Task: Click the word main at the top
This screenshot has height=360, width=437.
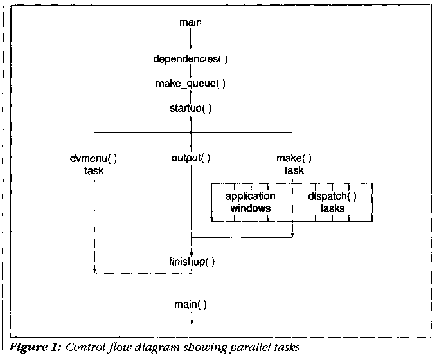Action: click(191, 24)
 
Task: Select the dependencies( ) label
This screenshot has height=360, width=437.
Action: click(190, 59)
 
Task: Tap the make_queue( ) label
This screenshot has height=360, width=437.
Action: click(190, 84)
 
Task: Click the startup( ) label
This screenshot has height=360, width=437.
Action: click(190, 108)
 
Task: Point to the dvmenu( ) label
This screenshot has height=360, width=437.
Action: click(94, 157)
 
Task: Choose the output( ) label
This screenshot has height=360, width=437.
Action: click(191, 157)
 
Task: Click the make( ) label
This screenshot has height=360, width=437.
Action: click(294, 157)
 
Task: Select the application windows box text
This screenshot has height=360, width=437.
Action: click(251, 202)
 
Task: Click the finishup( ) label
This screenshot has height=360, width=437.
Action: click(191, 262)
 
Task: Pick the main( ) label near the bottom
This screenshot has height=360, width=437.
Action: click(191, 303)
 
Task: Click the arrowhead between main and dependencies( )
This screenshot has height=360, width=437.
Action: click(191, 47)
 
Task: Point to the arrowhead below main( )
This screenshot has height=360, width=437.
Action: click(191, 323)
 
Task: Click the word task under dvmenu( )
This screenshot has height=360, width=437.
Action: click(94, 170)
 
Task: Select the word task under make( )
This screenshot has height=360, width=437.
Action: click(294, 170)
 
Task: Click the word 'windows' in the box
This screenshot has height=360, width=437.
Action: click(251, 208)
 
